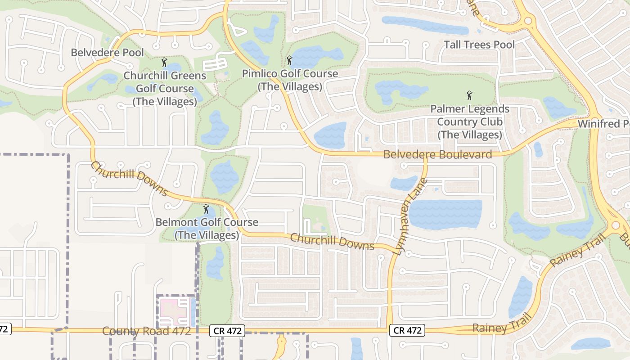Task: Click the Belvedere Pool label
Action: pyautogui.click(x=108, y=53)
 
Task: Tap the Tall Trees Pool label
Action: pyautogui.click(x=479, y=45)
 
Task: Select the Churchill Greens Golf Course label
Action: pyautogui.click(x=165, y=89)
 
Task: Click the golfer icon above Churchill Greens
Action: pyautogui.click(x=164, y=62)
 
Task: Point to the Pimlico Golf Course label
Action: pyautogui.click(x=290, y=80)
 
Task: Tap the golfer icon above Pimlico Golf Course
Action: pyautogui.click(x=289, y=60)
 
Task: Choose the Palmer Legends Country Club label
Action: pyautogui.click(x=470, y=121)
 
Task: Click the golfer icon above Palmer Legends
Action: pyautogui.click(x=470, y=95)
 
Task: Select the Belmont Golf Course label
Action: pyautogui.click(x=207, y=229)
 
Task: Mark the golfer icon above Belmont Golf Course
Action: pyautogui.click(x=206, y=209)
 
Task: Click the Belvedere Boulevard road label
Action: pyautogui.click(x=437, y=155)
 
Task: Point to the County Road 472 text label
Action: pyautogui.click(x=147, y=331)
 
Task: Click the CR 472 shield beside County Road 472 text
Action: pyautogui.click(x=228, y=331)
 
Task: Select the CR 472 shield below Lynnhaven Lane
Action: pyautogui.click(x=407, y=330)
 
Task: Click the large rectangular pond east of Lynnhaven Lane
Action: pyautogui.click(x=445, y=214)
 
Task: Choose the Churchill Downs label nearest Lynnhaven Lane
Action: pyautogui.click(x=332, y=242)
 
